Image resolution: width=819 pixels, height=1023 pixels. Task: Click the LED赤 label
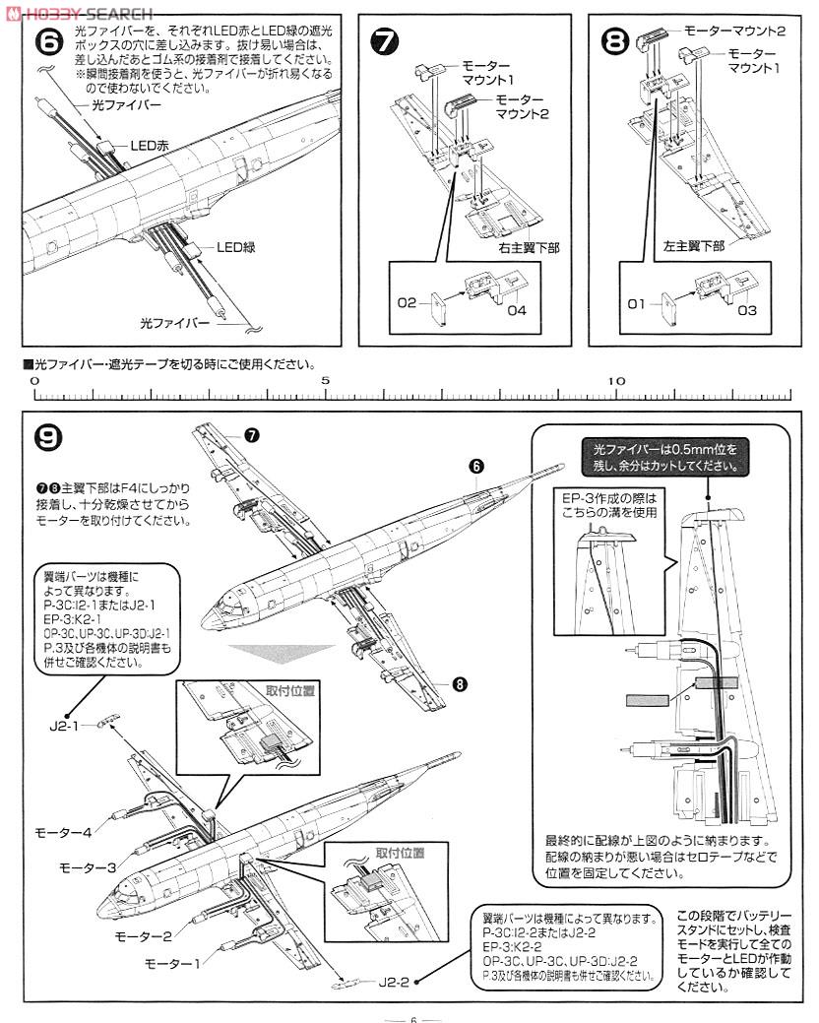[150, 145]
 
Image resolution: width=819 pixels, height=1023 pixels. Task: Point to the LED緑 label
[236, 247]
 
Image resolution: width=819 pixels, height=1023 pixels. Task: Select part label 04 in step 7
[518, 312]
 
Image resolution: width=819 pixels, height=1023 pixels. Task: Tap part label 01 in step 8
[637, 304]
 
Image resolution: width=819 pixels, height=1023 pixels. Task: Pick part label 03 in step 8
[746, 311]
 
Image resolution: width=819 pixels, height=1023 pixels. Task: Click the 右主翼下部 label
[528, 248]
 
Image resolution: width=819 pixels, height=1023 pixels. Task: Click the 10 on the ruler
[615, 380]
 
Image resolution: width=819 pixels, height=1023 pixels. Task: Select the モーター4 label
[63, 832]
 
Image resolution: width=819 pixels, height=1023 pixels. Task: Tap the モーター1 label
[171, 962]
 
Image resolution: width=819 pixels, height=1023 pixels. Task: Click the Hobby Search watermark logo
[79, 12]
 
